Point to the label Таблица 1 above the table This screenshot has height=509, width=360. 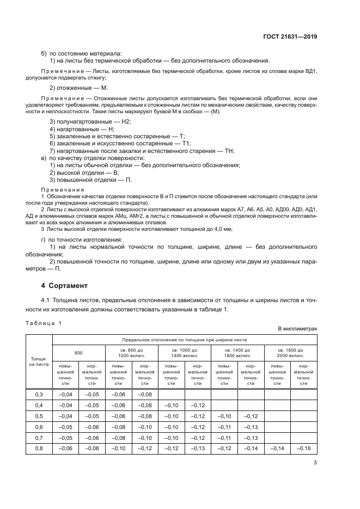click(44, 323)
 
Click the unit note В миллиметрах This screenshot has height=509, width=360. click(297, 329)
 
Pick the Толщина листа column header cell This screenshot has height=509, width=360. click(39, 361)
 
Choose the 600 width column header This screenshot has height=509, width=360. click(78, 352)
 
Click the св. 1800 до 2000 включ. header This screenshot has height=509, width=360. click(290, 352)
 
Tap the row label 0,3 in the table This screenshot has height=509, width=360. click(39, 394)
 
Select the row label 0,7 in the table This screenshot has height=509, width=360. click(39, 438)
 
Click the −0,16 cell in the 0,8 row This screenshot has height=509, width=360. click(303, 449)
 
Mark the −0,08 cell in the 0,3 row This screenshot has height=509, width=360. click(144, 394)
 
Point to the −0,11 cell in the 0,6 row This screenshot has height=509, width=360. click(224, 427)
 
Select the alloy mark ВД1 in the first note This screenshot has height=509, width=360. click(309, 71)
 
